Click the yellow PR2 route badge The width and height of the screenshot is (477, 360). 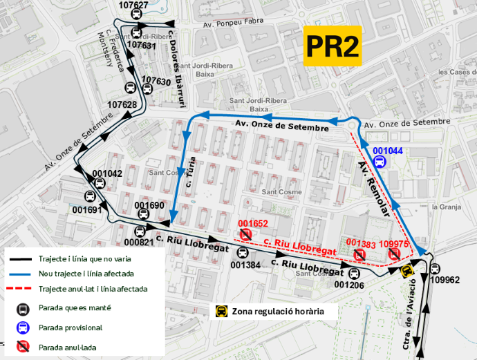tap(333, 46)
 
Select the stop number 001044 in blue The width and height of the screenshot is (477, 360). tap(387, 150)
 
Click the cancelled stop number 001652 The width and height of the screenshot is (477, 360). tap(252, 223)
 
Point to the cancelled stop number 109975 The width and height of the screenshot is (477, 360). tap(394, 244)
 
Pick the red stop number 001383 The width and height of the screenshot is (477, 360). tap(360, 243)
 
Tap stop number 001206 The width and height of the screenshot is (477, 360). tap(348, 285)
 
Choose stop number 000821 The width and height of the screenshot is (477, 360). tap(138, 243)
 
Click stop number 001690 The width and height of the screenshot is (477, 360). tap(149, 205)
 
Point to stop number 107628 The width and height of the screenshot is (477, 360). tap(122, 104)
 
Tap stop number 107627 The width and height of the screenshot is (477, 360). tap(133, 5)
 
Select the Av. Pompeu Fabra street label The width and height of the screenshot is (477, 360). tap(234, 24)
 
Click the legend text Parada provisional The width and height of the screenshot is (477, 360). tap(71, 328)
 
